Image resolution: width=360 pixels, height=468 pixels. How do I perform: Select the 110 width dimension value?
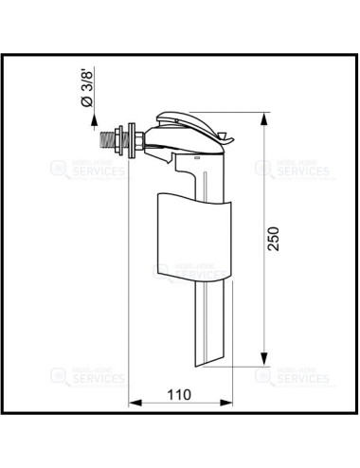point(179,393)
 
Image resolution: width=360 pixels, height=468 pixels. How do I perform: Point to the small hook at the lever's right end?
point(227,138)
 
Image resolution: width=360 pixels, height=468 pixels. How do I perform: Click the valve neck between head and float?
point(189,178)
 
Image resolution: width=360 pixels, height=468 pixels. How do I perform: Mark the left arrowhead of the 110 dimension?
point(133,403)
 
